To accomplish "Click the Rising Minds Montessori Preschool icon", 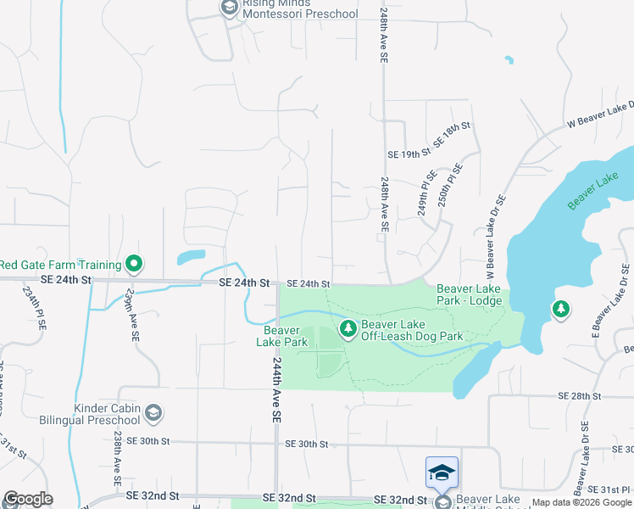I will coord(228,8).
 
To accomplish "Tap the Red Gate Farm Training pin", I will coord(133,265).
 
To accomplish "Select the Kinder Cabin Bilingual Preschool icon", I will coord(153,413).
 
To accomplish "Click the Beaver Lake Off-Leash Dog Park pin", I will coord(347,328).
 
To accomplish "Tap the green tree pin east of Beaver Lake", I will coord(559,310).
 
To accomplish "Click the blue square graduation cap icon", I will coord(442,473).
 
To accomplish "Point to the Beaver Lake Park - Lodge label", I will coord(469,294).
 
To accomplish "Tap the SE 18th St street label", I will coord(452,136).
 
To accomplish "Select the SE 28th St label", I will coord(579,396).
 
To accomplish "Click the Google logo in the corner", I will coord(28,499).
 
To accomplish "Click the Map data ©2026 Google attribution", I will coord(582,502).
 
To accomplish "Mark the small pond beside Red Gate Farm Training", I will coord(192,255).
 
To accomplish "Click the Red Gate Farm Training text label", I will coord(61,265).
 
